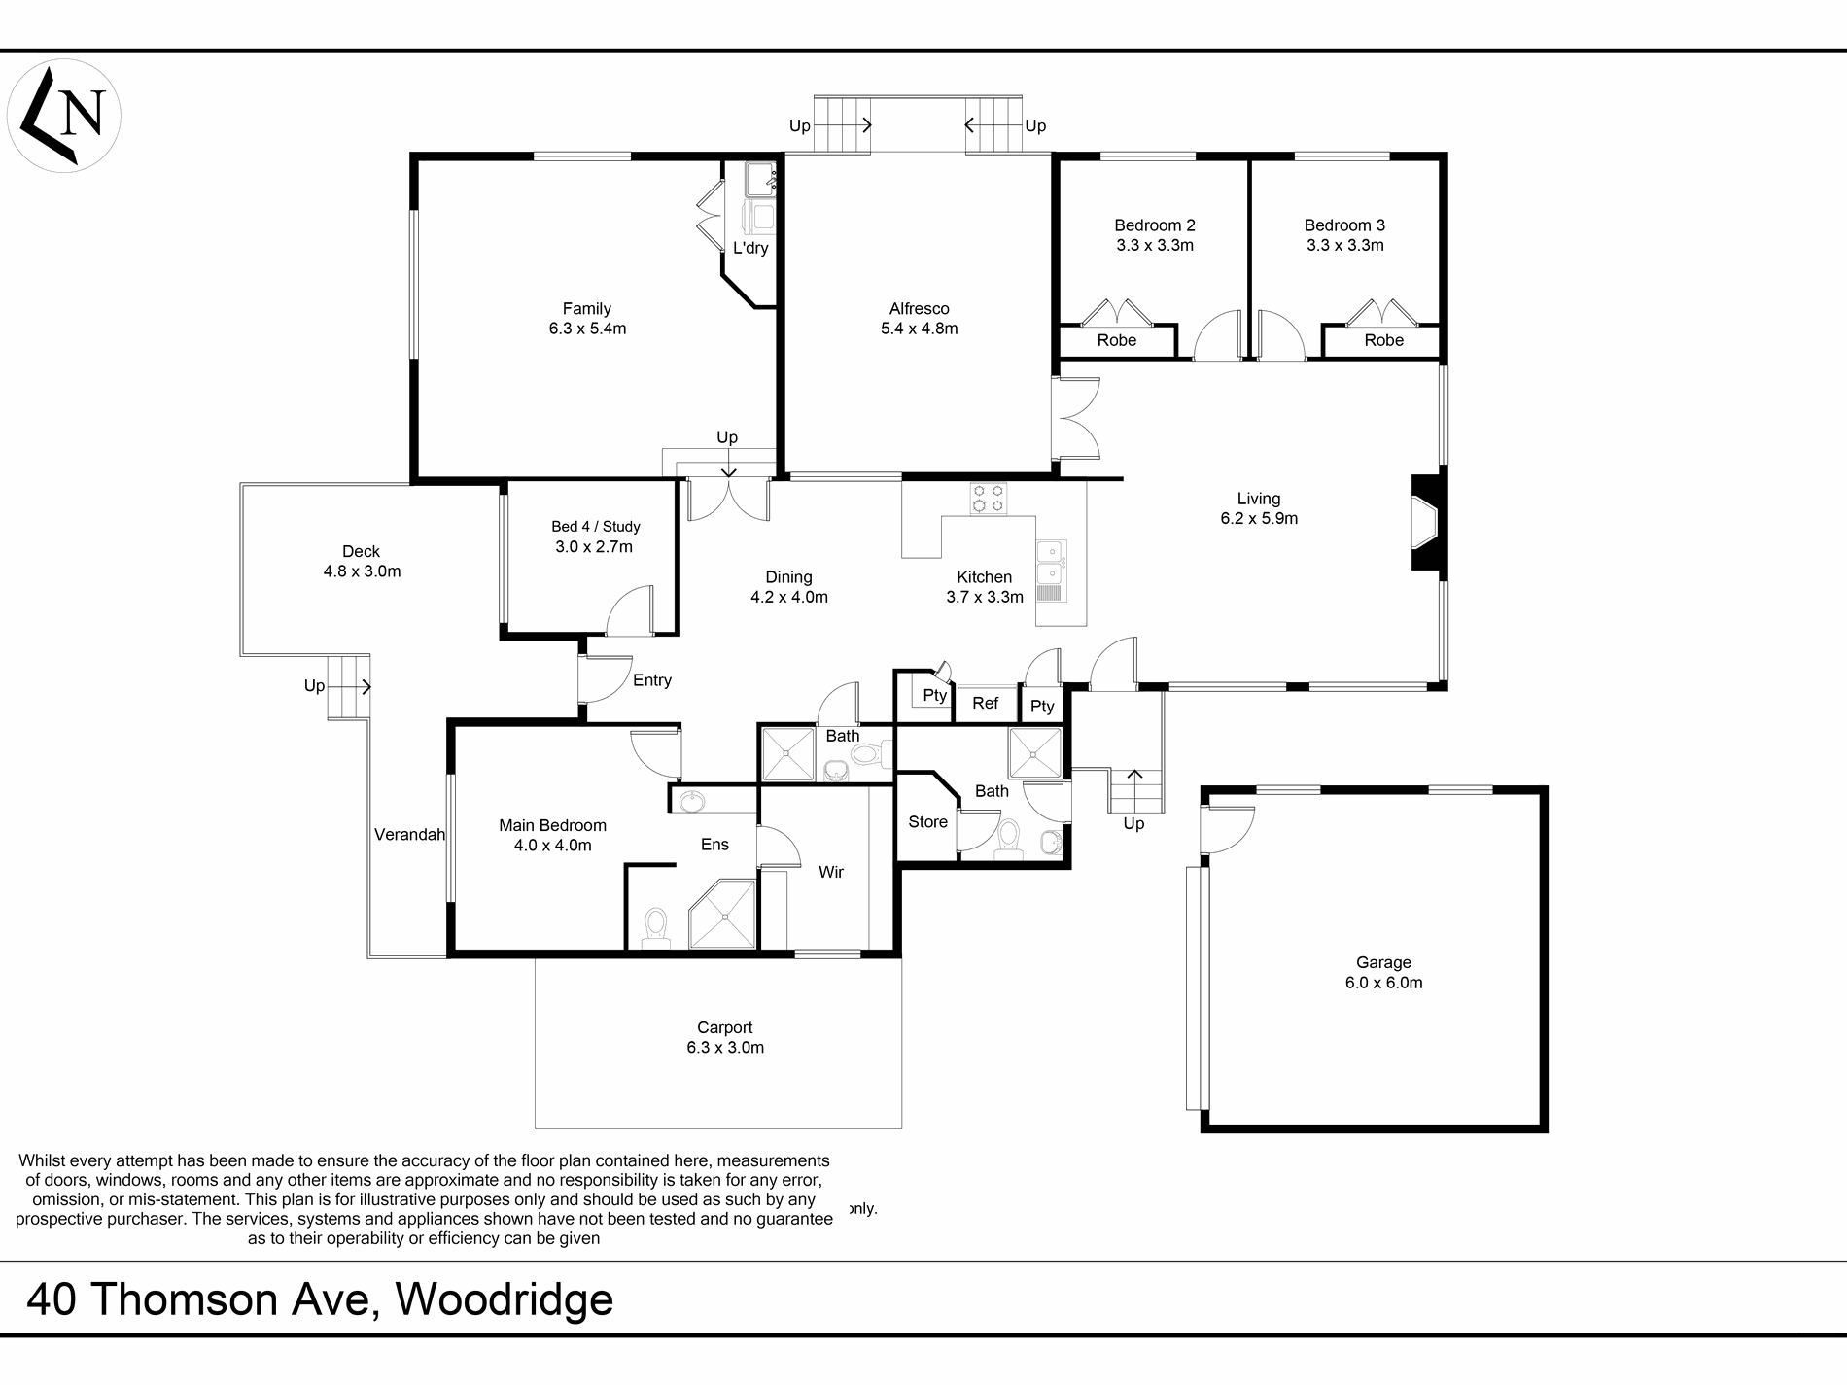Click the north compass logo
click(64, 116)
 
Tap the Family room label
click(587, 309)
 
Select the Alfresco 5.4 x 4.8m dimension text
click(920, 329)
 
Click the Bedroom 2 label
click(1155, 225)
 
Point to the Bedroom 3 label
click(1345, 225)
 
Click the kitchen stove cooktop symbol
click(989, 499)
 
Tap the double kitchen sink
click(1051, 571)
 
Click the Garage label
click(1384, 963)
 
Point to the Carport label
click(725, 1028)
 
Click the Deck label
click(362, 552)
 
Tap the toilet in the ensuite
click(656, 927)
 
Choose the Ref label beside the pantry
click(986, 703)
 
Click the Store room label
click(928, 822)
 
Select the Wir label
click(831, 873)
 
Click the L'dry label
click(750, 248)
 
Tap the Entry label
click(652, 680)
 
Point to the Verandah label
click(409, 834)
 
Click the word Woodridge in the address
click(505, 1298)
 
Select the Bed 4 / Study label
click(596, 527)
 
